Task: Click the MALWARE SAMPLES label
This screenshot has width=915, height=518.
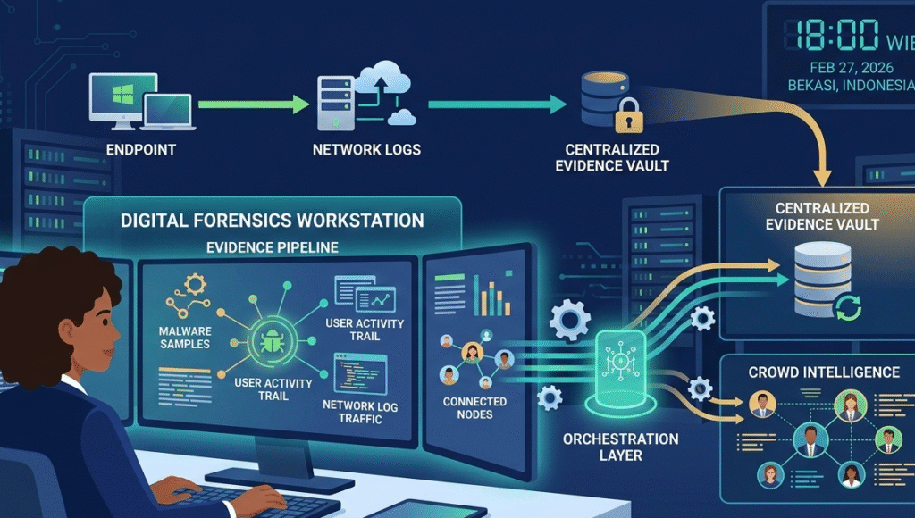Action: coord(184,338)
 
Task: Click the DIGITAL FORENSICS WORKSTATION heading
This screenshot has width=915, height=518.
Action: coord(272,219)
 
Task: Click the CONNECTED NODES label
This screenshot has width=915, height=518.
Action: coord(474,408)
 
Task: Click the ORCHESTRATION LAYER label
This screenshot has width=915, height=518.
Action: coord(620,447)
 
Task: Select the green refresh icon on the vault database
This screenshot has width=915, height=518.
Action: coord(847,309)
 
